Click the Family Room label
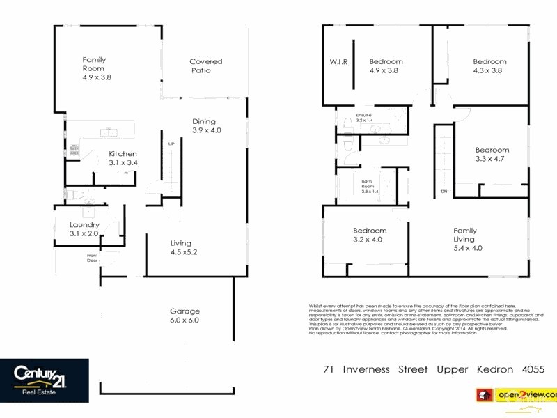point(96,68)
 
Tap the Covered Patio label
point(205,66)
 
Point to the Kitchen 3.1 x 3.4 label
point(123,158)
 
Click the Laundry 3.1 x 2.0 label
point(84,229)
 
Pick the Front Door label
point(93,257)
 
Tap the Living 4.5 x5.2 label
point(184,247)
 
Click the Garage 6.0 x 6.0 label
point(185,316)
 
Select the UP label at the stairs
point(171,144)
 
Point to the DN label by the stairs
point(444,192)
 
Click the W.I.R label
point(338,61)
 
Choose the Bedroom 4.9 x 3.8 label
point(385,65)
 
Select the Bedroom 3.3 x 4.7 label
point(492,154)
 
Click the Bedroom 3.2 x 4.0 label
point(369,235)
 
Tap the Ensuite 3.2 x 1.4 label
point(364,117)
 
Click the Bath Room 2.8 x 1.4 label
point(368,186)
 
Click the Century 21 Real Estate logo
point(45,380)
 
